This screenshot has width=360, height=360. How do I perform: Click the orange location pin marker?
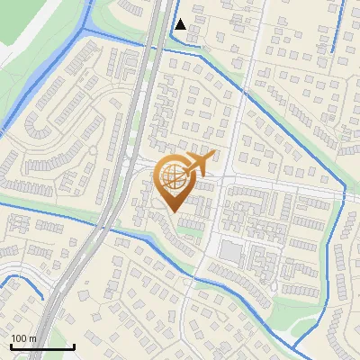click(175, 180)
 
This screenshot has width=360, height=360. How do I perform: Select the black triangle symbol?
click(181, 24)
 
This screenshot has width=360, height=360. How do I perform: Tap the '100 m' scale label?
click(23, 338)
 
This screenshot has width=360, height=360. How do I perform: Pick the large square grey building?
click(231, 252)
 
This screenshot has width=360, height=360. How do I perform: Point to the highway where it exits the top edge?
click(162, 4)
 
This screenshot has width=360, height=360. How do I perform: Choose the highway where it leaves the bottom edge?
click(45, 356)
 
